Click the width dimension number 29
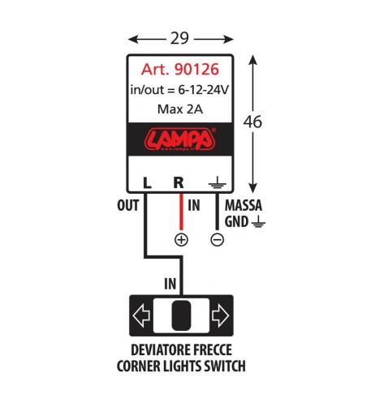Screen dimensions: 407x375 pyautogui.click(x=180, y=38)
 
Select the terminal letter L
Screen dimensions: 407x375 pyautogui.click(x=146, y=183)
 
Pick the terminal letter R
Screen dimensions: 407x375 pyautogui.click(x=179, y=183)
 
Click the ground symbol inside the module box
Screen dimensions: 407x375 pyautogui.click(x=217, y=183)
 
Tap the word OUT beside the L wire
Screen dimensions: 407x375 pyautogui.click(x=127, y=206)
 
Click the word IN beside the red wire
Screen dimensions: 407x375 pyautogui.click(x=194, y=206)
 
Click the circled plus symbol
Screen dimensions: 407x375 pyautogui.click(x=181, y=240)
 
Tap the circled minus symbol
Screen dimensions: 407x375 pyautogui.click(x=217, y=240)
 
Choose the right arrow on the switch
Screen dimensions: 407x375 pyautogui.click(x=220, y=315)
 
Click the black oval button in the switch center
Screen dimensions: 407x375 pyautogui.click(x=181, y=315)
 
